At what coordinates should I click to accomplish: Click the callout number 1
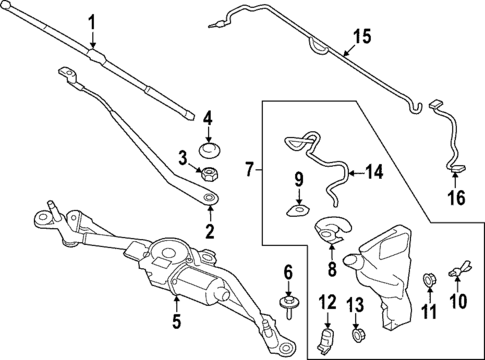click(91, 22)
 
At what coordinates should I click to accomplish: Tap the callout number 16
click(455, 198)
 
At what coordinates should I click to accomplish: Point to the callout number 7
click(250, 171)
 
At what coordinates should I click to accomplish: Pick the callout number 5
click(176, 321)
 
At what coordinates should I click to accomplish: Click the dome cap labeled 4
click(209, 151)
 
